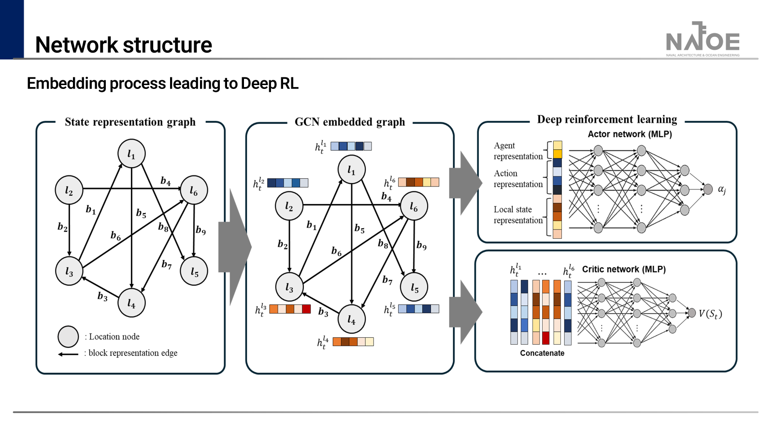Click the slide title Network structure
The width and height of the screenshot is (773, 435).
coord(124,45)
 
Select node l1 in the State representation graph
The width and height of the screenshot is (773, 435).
coord(131,154)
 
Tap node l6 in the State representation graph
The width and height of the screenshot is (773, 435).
coord(194,190)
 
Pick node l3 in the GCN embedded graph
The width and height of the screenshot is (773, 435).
coord(289,287)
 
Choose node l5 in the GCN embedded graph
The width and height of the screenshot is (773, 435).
coord(414,287)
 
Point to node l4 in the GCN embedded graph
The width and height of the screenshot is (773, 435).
coord(351,319)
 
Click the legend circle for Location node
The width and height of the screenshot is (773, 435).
coord(68,336)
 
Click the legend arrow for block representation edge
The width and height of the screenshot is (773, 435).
coord(68,354)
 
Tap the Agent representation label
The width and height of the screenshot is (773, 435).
coord(518,151)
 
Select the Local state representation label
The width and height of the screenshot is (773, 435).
coord(518,215)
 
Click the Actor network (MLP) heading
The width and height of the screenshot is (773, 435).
coord(630,134)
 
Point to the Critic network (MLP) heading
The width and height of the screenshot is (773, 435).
coord(624,269)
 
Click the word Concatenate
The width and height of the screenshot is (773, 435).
coord(542,353)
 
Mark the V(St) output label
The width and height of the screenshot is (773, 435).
coord(710,314)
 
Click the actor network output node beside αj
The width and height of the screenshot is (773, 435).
coord(708,189)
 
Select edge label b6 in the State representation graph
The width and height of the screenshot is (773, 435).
coord(115,235)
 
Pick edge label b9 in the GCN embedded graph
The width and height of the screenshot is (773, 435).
coord(421,246)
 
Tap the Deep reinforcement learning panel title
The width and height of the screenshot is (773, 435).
coord(607,119)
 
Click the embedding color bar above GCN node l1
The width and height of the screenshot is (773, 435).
coord(351,146)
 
